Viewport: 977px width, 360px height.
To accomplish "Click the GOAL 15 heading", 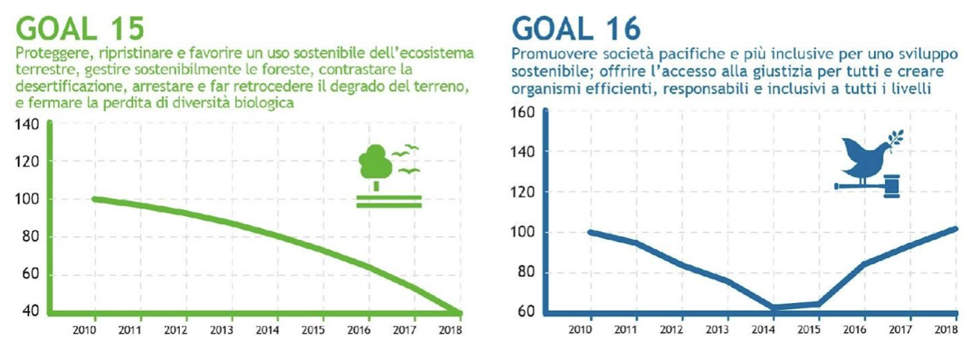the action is pos(79,29).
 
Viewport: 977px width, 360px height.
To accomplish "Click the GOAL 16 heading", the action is pos(576,29).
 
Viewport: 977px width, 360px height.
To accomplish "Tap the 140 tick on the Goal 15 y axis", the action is pos(27,124).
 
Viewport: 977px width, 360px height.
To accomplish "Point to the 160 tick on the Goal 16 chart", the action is pos(523,112).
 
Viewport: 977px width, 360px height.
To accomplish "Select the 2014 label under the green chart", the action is pos(268,330).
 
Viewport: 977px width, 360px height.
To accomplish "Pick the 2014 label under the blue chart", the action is pos(763,329).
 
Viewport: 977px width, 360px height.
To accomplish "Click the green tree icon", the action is pos(373,166).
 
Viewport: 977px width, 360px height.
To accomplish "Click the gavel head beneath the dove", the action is pos(892,186).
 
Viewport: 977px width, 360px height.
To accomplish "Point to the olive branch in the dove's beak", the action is pos(895,140).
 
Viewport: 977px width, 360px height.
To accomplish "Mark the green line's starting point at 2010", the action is pos(95,199).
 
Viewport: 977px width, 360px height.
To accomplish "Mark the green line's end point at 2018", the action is pos(460,313).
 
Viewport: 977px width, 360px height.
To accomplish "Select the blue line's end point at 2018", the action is pos(955,229).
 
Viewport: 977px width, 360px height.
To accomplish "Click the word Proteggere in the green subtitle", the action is pos(54,54).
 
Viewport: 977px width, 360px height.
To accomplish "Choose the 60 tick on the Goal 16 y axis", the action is pos(526,311).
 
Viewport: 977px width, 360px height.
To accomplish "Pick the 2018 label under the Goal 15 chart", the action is pos(451,330).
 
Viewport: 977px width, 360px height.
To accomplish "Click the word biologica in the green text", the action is pos(264,103).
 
